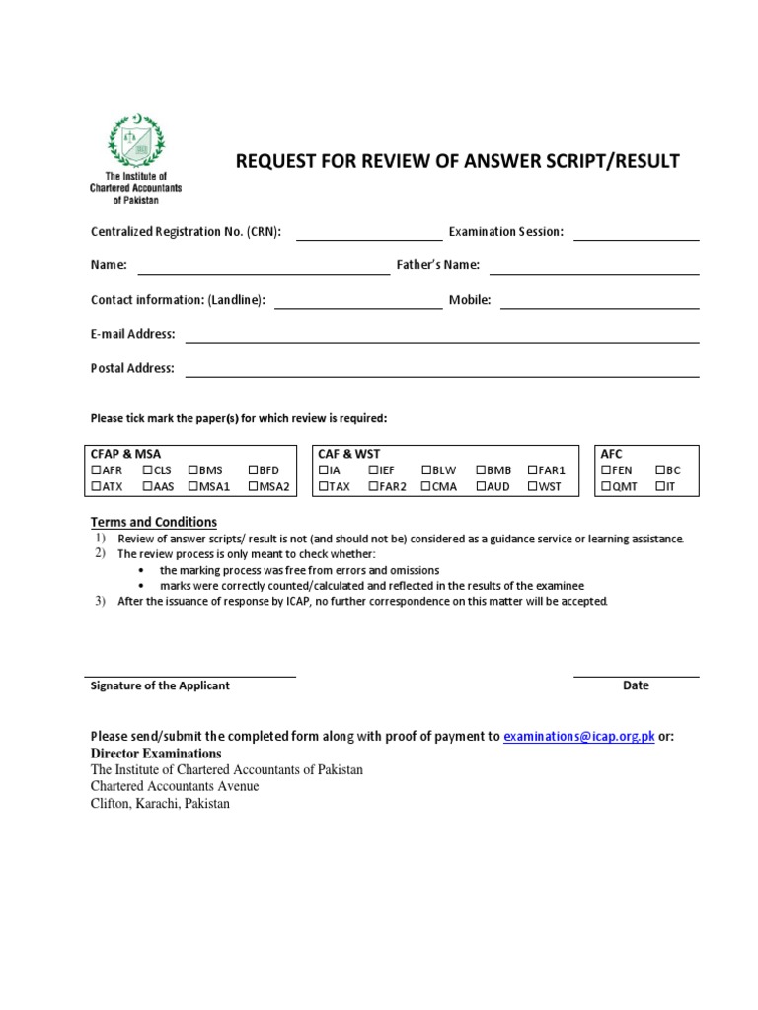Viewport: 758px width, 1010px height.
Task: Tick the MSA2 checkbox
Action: coord(254,486)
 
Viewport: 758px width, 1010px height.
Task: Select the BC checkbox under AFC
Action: coord(660,470)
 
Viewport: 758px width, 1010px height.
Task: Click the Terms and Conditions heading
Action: coord(154,522)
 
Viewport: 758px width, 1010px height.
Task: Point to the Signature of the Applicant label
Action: coord(160,685)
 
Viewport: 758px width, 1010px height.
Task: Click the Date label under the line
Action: coord(636,685)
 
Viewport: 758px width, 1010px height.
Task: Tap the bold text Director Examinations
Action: coord(156,754)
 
